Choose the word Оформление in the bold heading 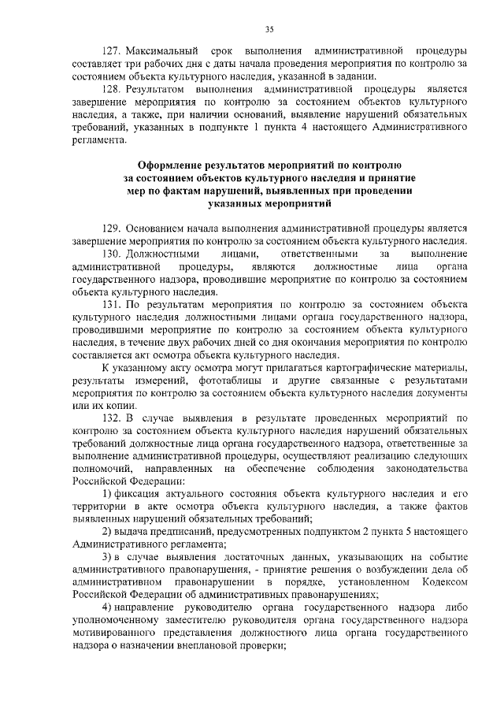click(173, 166)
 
